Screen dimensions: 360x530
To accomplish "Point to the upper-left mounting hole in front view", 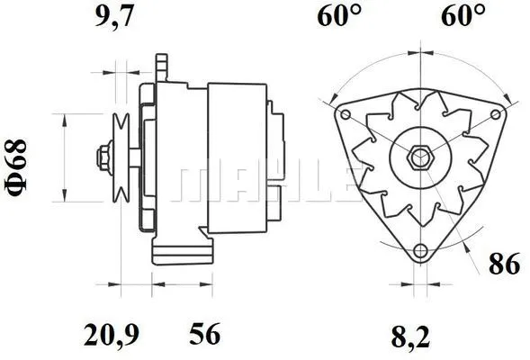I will coord(343,115).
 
